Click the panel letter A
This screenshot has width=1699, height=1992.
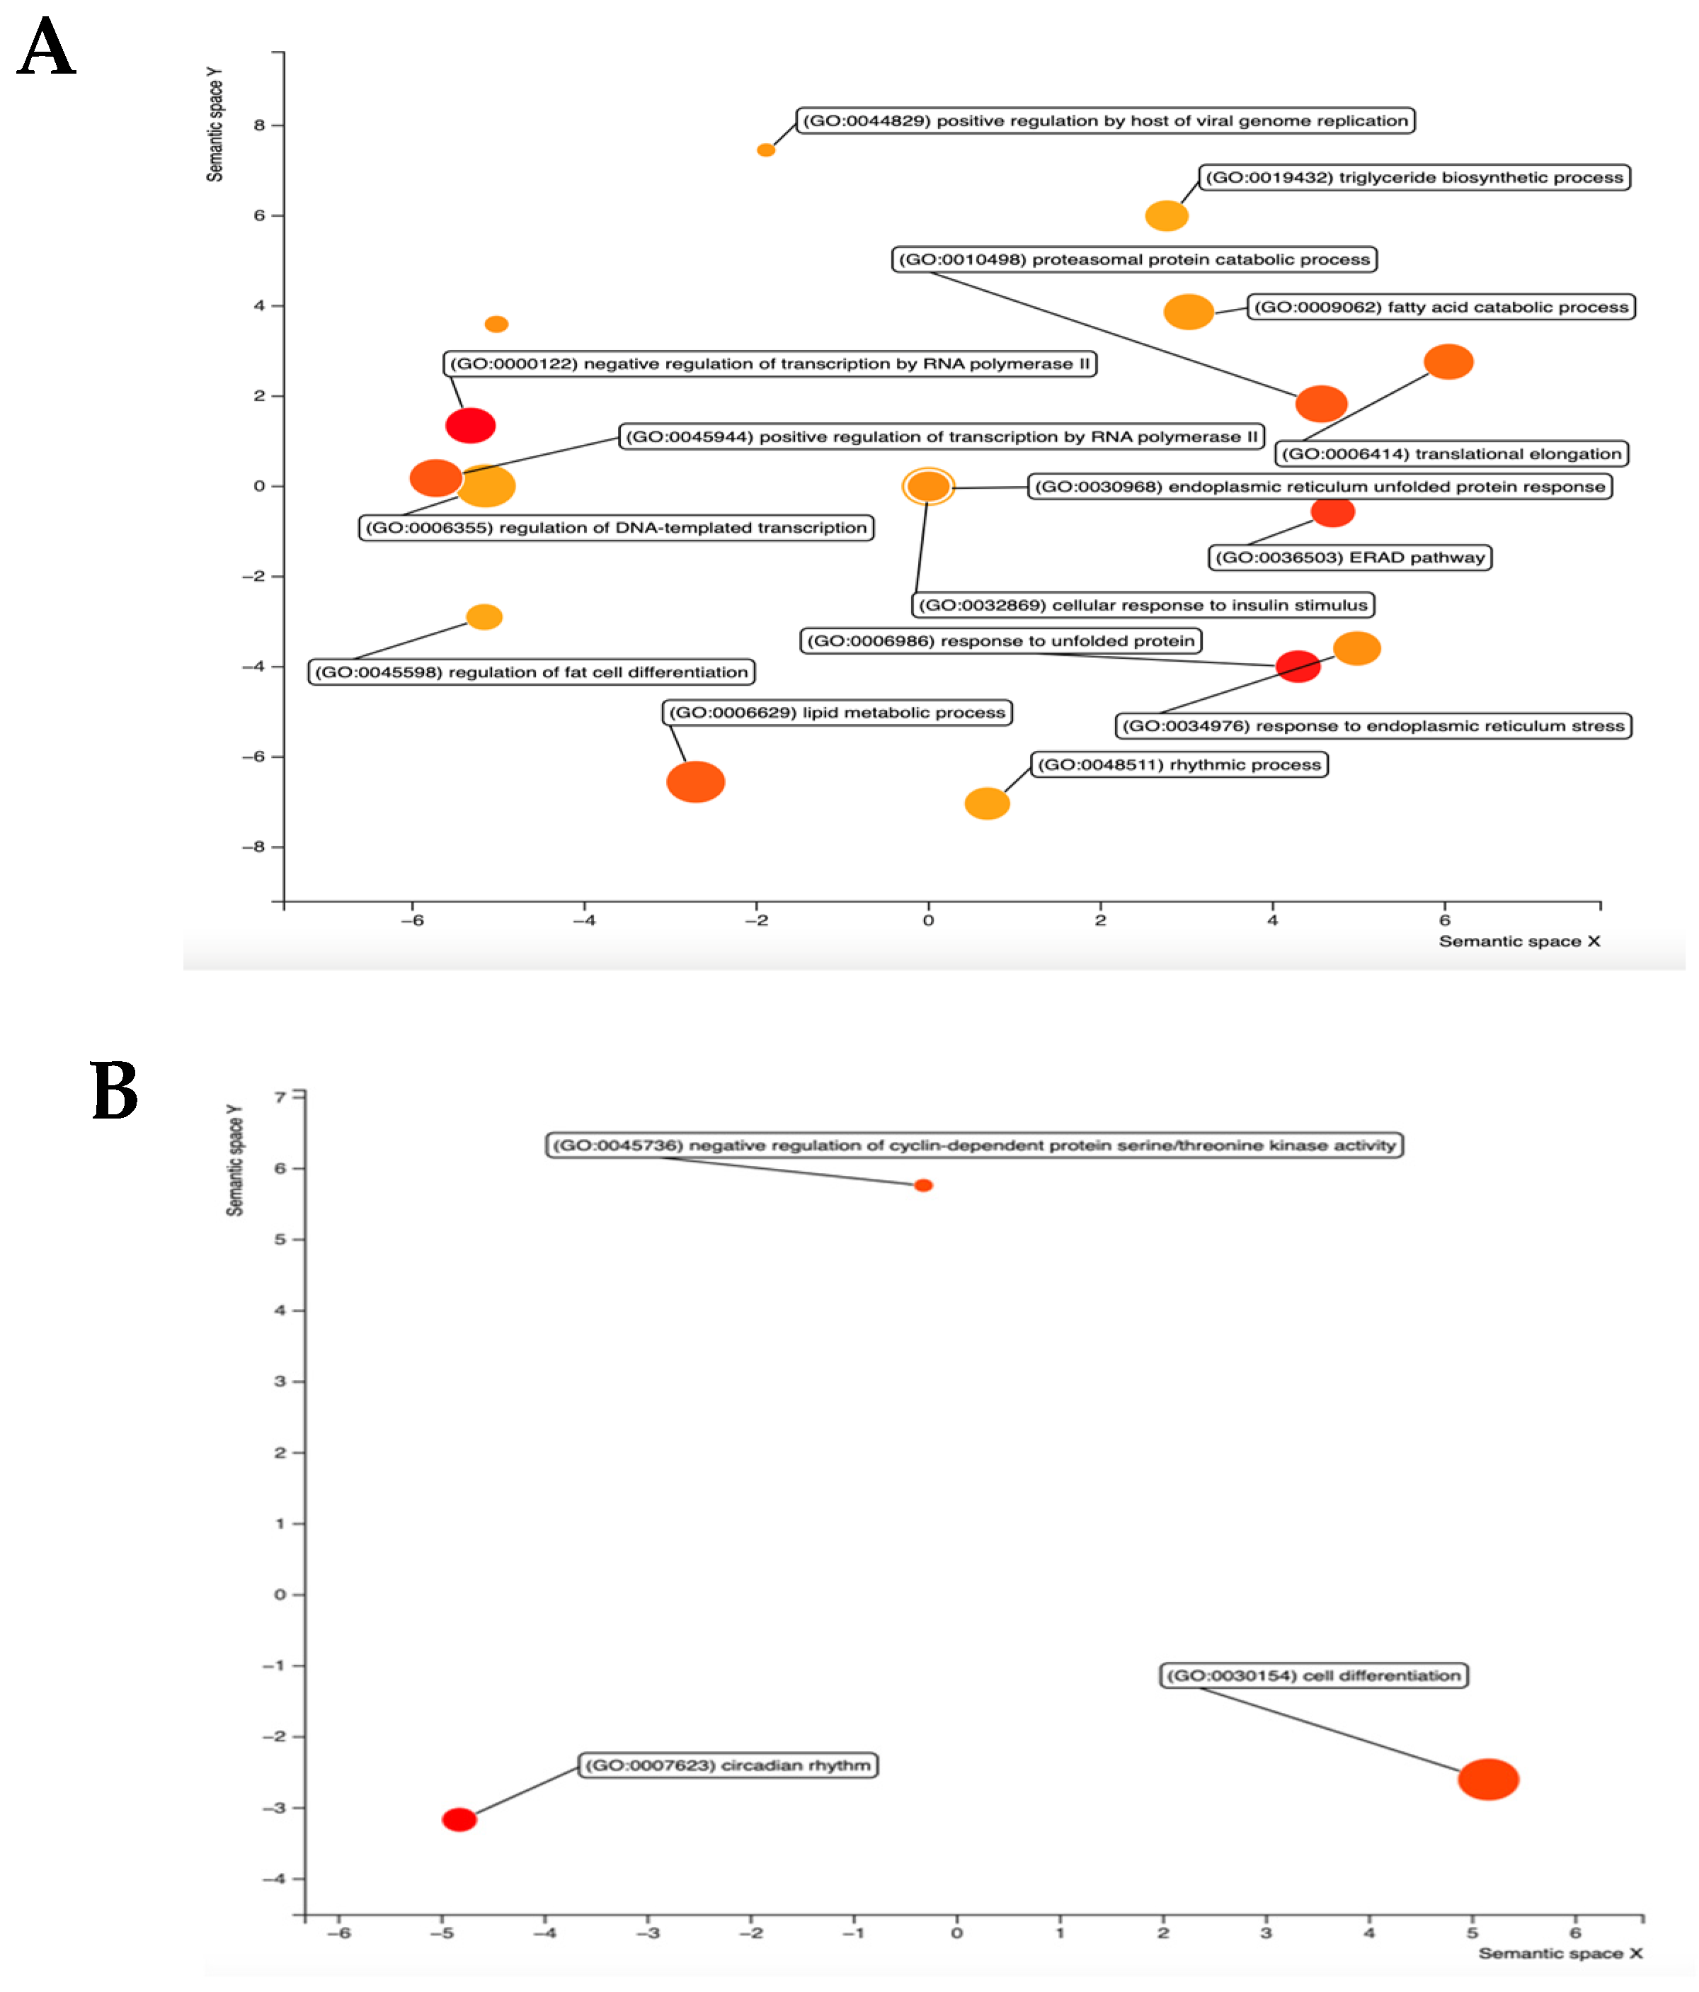coord(46,48)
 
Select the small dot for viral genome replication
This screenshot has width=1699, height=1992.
coord(765,150)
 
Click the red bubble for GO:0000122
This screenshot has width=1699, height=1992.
coord(470,425)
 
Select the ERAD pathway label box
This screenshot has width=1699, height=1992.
coord(1349,558)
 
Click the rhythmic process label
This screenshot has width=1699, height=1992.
coord(1179,764)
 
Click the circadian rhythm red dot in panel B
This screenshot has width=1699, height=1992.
coord(459,1819)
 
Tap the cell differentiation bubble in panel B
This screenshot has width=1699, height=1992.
coord(1487,1779)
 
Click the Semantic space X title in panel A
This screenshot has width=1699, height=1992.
coord(1518,941)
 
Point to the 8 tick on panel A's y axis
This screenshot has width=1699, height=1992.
coord(260,125)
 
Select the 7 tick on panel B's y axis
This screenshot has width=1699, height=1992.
coord(280,1097)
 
